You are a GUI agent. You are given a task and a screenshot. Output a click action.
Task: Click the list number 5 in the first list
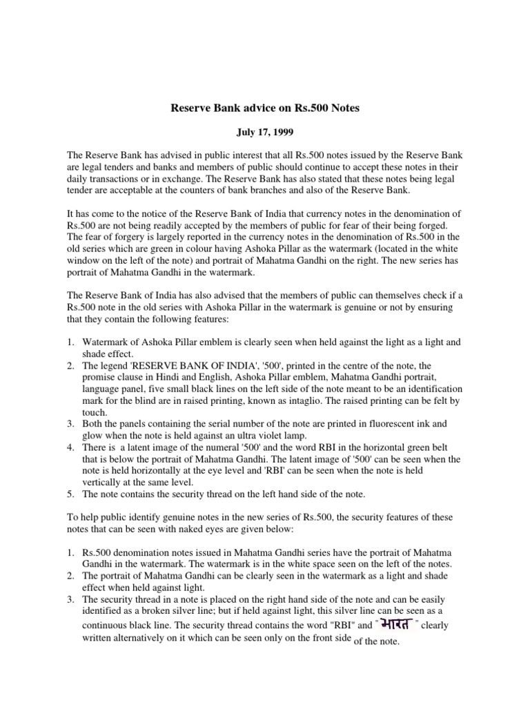(70, 495)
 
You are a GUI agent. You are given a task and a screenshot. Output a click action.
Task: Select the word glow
(93, 436)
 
